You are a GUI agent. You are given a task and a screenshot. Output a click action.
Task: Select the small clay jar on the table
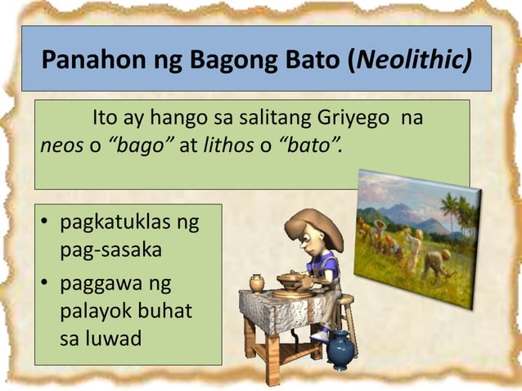coord(256,283)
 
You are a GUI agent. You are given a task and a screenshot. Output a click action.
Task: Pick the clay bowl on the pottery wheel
coord(294,278)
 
